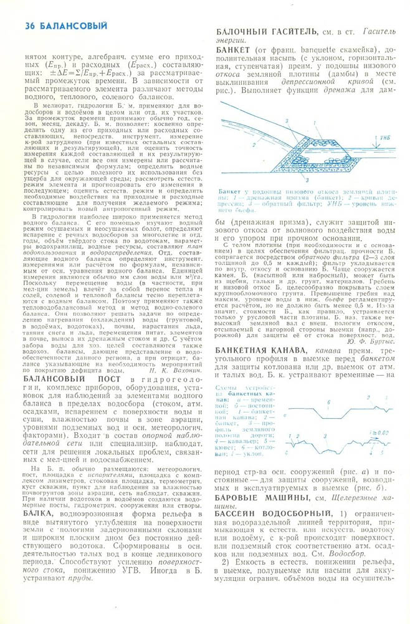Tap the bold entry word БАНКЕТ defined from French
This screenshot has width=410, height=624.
point(234,49)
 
